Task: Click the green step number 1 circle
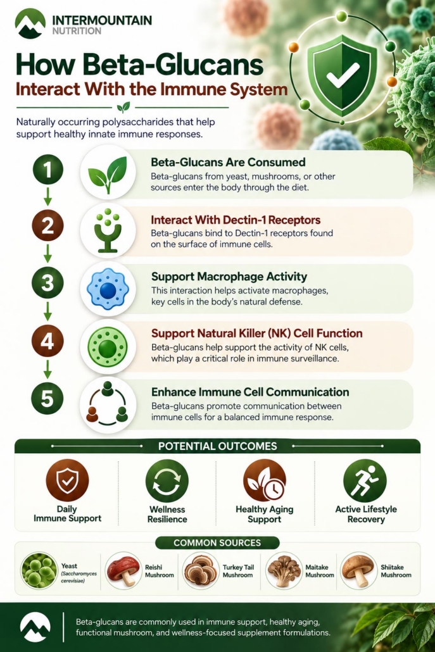point(47,169)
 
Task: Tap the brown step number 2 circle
point(47,225)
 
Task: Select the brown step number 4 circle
point(47,341)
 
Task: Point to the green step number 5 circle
point(47,398)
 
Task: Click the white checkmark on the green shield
point(343,74)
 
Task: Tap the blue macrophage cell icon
point(108,289)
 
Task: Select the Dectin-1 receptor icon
point(108,230)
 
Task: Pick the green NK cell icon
point(108,346)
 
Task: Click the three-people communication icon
point(108,403)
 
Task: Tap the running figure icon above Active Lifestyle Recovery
point(365,480)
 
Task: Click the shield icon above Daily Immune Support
point(67,480)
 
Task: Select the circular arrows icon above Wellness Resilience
point(167,481)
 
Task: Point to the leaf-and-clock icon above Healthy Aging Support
point(265,480)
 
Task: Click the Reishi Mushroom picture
point(123,571)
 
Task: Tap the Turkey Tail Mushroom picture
point(201,571)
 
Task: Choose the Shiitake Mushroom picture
point(358,570)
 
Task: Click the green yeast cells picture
point(39,570)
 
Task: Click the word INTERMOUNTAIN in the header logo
point(103,20)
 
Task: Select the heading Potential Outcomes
point(218,446)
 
